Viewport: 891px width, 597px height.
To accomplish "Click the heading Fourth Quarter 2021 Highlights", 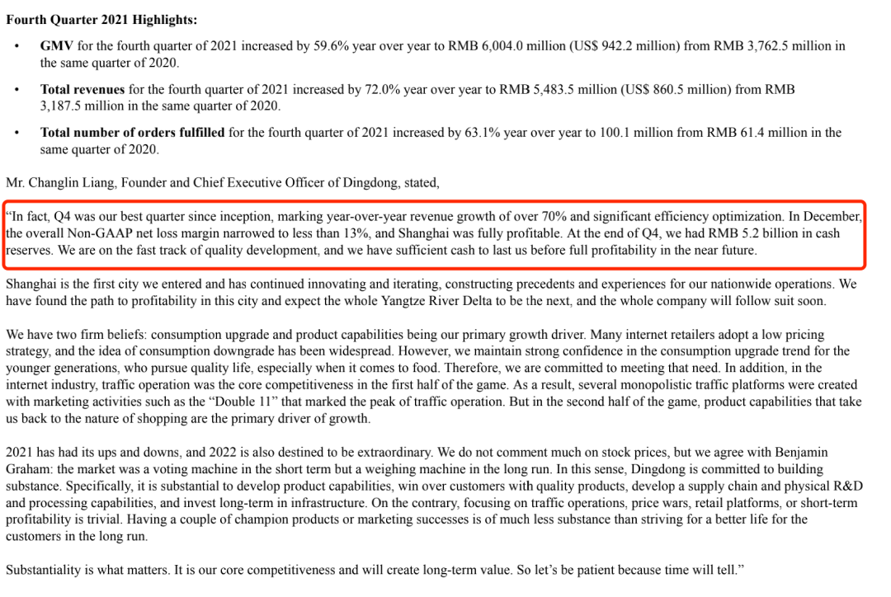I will tap(101, 19).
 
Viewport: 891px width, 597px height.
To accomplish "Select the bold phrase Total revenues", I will tap(82, 89).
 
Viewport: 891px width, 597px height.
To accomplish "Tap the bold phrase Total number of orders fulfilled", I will tap(133, 132).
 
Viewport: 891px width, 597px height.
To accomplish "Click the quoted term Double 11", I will tap(330, 402).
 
